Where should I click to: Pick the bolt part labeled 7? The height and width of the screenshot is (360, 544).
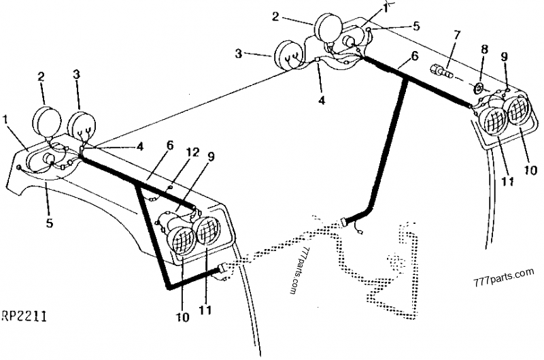pyautogui.click(x=440, y=69)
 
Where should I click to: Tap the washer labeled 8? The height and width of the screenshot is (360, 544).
pyautogui.click(x=478, y=88)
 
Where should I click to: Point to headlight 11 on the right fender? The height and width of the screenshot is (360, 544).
pyautogui.click(x=493, y=122)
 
